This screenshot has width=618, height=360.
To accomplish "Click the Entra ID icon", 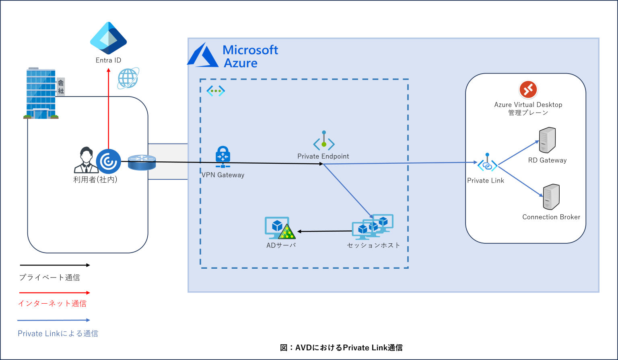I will [108, 38].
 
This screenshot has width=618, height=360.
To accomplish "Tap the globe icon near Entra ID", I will [128, 78].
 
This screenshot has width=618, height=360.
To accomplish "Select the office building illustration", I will [41, 94].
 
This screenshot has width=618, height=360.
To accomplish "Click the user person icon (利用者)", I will [86, 160].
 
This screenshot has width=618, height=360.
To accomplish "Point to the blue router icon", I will [142, 163].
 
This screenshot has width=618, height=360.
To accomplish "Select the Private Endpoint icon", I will [324, 142].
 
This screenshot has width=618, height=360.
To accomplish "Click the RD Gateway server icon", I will [547, 140].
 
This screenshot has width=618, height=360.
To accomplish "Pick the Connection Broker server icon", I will [551, 197].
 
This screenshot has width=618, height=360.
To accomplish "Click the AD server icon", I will [280, 228].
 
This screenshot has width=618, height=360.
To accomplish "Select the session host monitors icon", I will [373, 226].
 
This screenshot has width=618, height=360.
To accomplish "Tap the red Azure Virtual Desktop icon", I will [528, 90].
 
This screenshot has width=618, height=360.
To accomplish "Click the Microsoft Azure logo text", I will [250, 56].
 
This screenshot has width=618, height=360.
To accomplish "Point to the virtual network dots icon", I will [216, 91].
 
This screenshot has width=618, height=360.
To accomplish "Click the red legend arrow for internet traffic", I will [54, 293].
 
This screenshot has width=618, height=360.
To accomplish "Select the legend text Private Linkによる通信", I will [58, 333].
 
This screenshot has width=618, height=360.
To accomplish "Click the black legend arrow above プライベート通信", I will [54, 265].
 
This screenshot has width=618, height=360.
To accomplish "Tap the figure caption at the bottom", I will [341, 348].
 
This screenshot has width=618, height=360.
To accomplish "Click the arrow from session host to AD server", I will [324, 231].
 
